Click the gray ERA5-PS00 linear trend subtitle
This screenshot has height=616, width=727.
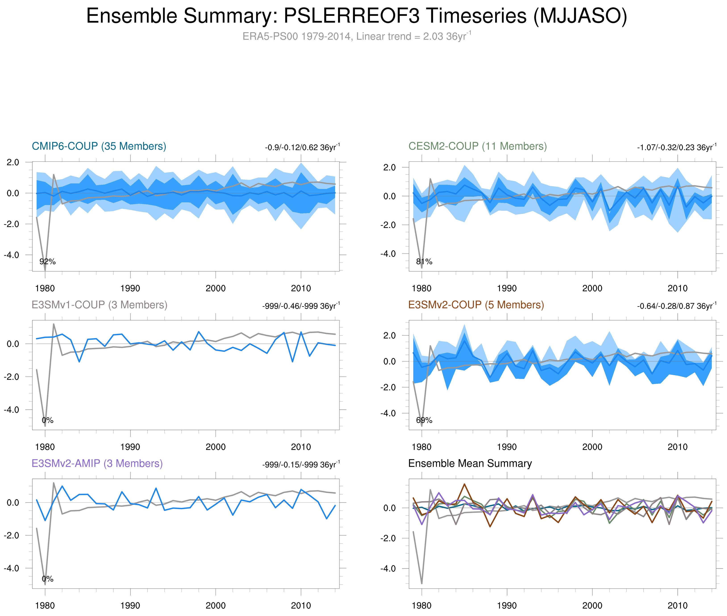click(356, 36)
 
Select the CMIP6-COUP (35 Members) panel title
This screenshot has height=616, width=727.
click(99, 146)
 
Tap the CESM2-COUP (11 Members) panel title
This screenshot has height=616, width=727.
click(477, 146)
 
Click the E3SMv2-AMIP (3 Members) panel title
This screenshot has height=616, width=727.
click(97, 463)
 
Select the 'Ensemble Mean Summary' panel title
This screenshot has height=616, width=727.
click(470, 463)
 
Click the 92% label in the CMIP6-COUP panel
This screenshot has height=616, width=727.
click(48, 262)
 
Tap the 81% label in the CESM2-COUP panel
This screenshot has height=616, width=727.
click(424, 262)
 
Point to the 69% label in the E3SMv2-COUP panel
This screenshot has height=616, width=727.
click(424, 420)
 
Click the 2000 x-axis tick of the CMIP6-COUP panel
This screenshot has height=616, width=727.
click(215, 288)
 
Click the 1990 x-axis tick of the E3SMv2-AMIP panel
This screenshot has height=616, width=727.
click(130, 606)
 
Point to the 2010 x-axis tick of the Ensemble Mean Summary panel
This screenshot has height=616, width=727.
click(677, 606)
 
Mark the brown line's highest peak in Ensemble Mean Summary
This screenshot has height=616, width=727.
click(465, 484)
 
